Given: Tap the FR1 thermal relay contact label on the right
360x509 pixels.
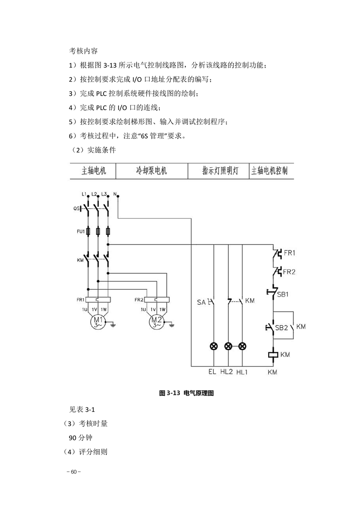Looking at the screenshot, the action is (290, 253).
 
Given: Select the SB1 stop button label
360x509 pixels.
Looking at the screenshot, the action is (283, 294).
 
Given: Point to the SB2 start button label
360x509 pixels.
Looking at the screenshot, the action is (281, 328).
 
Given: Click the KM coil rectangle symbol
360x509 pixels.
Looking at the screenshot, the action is (273, 354).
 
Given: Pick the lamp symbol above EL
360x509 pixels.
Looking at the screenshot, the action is (213, 347).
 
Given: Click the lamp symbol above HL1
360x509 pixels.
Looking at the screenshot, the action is (242, 347).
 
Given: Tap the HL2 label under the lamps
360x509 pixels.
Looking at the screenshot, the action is (227, 372).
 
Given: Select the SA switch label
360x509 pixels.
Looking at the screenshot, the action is (201, 303).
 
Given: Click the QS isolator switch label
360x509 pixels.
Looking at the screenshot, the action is (77, 209).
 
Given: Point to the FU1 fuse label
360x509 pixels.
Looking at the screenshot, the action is (80, 231).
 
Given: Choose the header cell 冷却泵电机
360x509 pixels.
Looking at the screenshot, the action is (152, 171).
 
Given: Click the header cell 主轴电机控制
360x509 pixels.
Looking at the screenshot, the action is (269, 171).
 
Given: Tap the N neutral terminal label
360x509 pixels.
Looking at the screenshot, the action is (115, 194).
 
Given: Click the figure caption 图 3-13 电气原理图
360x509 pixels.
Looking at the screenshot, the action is (187, 393).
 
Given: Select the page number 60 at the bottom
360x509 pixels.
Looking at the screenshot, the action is (74, 472).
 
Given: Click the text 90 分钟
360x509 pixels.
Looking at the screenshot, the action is (80, 438).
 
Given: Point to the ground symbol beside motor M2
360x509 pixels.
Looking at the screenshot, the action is (172, 324).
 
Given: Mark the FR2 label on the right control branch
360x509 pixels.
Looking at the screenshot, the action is (289, 272).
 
